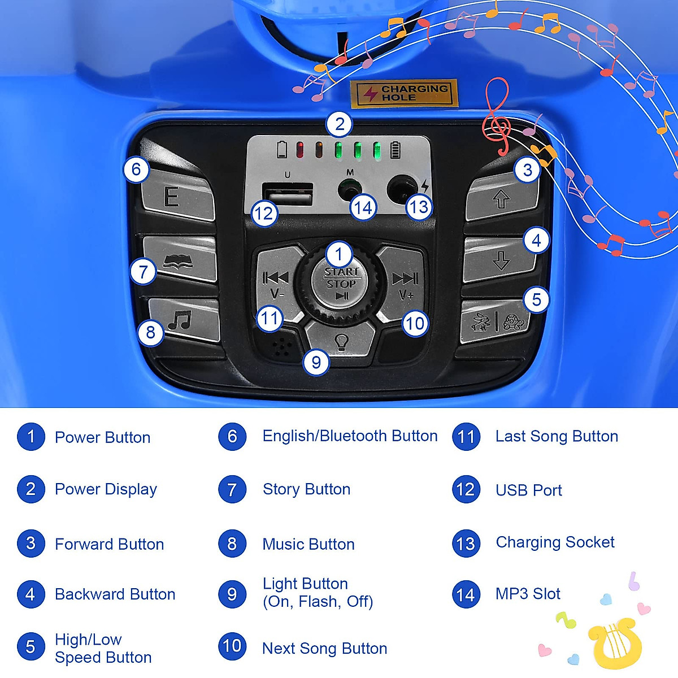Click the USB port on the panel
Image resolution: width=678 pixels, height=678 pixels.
tap(288, 194)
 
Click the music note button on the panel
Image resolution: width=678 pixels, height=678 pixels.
tap(184, 320)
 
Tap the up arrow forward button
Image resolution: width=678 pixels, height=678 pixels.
tap(501, 198)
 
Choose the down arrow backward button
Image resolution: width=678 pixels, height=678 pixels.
tap(500, 259)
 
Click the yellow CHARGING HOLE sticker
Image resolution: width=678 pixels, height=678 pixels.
tap(403, 93)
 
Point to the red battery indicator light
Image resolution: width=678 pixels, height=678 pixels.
tap(300, 150)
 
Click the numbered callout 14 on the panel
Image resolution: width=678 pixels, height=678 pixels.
tap(363, 207)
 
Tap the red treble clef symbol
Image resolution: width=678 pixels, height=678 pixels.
tap(496, 116)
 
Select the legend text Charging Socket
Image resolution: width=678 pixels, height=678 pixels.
tap(555, 542)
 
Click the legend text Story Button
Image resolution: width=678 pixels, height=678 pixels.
tap(306, 489)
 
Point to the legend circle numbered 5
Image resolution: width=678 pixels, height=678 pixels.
tap(31, 647)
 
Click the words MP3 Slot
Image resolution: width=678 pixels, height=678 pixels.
tap(528, 594)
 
